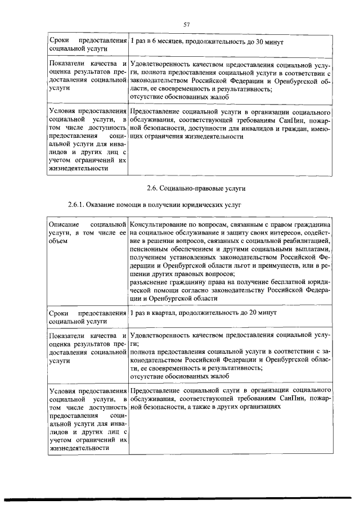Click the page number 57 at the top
click(187, 24)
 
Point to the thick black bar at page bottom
click(180, 499)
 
